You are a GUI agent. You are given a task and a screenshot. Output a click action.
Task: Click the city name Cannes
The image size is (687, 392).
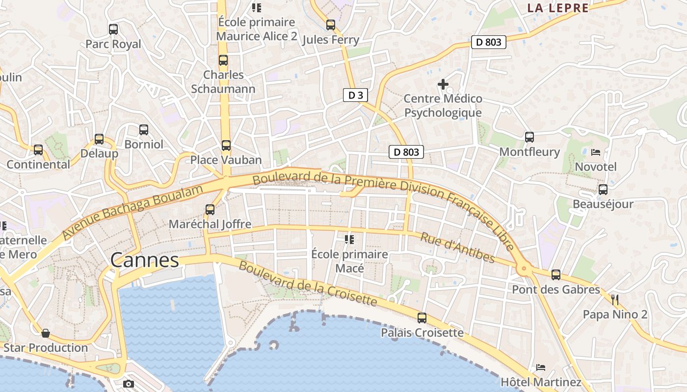(x=145, y=260)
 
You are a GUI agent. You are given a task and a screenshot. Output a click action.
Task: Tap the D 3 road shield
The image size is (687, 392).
(x=355, y=95)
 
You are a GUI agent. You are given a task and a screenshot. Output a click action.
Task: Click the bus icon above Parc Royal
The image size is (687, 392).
(x=113, y=29)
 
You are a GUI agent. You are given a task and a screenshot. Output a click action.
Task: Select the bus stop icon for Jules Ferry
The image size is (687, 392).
(x=331, y=25)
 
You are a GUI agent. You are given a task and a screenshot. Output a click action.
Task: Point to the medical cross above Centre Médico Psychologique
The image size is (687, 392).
(x=443, y=84)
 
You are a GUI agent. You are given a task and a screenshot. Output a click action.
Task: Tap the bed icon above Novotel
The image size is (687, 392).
(x=596, y=152)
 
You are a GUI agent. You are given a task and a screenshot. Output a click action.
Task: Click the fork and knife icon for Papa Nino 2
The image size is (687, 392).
(x=615, y=300)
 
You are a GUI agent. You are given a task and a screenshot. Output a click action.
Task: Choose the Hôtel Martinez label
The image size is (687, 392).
(x=541, y=382)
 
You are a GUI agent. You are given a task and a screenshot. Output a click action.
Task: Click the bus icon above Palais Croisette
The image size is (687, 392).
(x=422, y=318)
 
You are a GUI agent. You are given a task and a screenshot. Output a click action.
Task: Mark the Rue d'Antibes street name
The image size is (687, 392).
(x=457, y=247)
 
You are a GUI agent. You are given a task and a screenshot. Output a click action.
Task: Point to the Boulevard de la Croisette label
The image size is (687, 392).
(x=308, y=284)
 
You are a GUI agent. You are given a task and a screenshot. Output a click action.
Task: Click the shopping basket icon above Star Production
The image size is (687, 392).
(x=46, y=333)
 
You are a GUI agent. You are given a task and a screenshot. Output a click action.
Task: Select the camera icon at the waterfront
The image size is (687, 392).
(x=129, y=384)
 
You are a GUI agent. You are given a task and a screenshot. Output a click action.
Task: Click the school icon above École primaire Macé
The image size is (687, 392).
(x=349, y=240)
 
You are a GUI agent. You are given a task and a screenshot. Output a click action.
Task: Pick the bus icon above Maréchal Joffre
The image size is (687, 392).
(x=210, y=209)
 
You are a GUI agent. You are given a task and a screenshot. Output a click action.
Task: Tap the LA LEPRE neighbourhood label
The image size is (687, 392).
(x=558, y=8)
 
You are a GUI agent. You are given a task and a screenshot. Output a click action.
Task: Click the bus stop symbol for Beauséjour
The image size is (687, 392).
(x=603, y=190)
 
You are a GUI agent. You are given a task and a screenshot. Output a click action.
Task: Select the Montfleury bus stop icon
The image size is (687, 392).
(x=529, y=137)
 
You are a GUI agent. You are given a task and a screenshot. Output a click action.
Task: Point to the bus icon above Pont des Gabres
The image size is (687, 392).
(x=556, y=275)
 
